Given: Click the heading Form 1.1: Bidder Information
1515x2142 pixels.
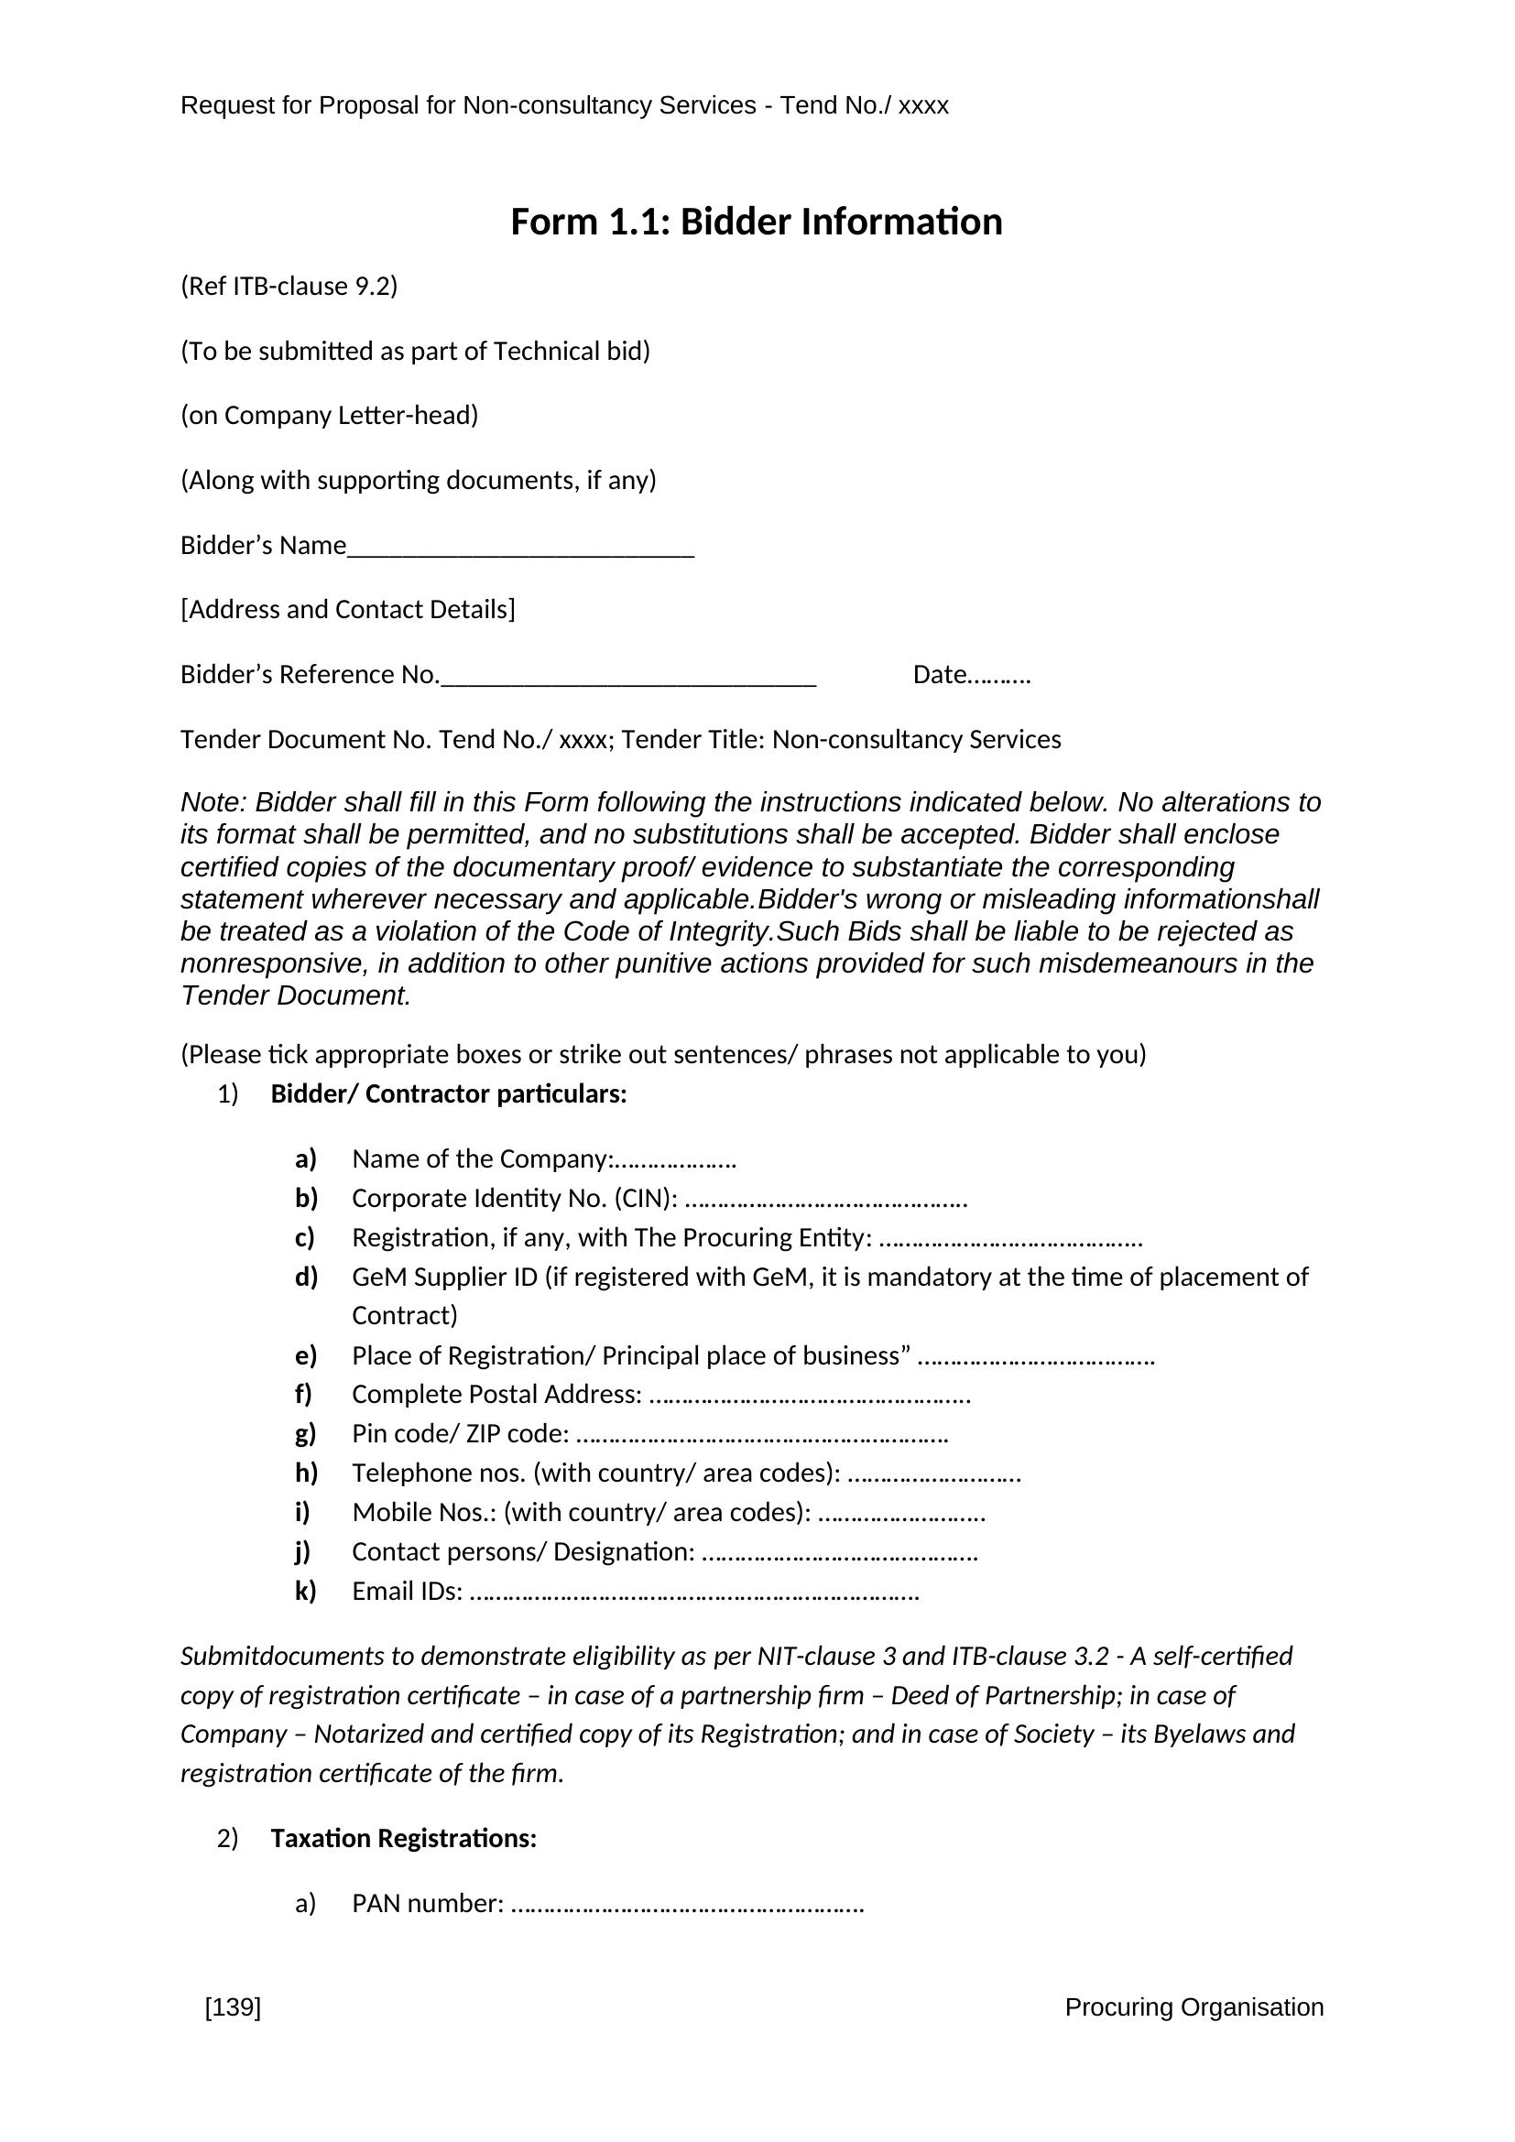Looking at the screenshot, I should [757, 222].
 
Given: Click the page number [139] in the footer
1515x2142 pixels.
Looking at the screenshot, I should [233, 2006].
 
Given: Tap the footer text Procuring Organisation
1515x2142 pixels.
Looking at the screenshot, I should [1194, 2006].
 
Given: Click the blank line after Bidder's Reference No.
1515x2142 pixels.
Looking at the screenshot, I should [627, 681].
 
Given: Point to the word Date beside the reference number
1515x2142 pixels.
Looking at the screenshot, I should [940, 675].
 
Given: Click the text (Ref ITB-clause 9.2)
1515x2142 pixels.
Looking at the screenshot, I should [289, 287].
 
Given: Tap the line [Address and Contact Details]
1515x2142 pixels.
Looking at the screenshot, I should [348, 610].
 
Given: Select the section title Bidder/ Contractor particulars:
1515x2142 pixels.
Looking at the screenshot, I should [449, 1094].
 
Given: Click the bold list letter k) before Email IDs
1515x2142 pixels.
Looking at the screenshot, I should [306, 1591].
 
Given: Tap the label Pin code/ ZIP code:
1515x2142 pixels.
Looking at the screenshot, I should [461, 1433].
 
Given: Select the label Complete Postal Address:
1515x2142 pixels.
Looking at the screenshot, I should [496, 1394].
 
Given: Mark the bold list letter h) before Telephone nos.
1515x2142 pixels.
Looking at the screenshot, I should [306, 1473].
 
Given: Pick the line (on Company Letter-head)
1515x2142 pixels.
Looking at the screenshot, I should [330, 416].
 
